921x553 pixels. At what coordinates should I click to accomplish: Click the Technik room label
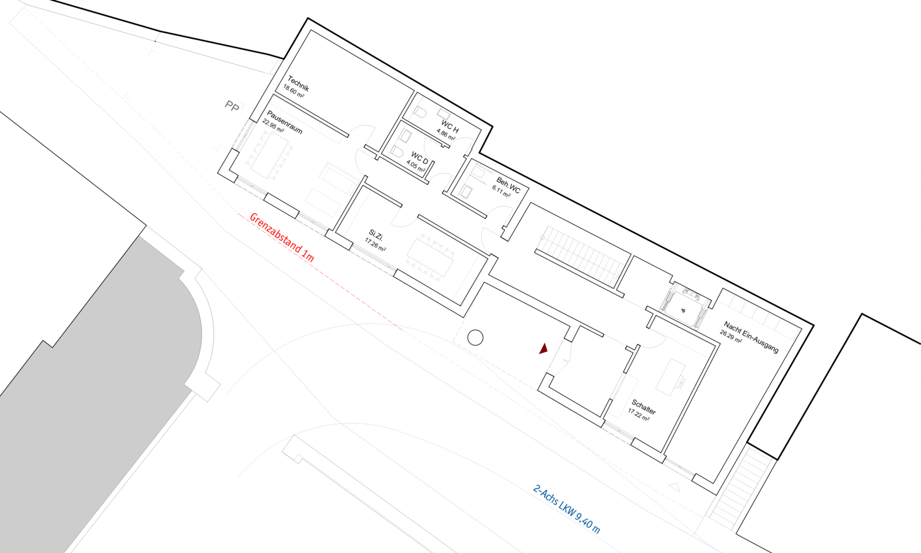(x=299, y=84)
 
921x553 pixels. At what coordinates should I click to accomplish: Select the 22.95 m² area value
(x=273, y=126)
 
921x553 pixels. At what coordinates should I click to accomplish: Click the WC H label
(x=450, y=127)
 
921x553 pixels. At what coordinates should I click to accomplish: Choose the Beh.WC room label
(x=508, y=185)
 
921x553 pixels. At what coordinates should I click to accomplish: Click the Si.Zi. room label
(x=376, y=235)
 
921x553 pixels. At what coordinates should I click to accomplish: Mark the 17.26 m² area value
(x=375, y=245)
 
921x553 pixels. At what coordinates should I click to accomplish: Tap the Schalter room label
(x=644, y=407)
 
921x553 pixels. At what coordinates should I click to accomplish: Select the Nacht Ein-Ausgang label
(x=751, y=337)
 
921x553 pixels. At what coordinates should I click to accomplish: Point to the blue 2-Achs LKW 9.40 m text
(x=567, y=509)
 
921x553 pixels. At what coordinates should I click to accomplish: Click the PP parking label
(x=232, y=106)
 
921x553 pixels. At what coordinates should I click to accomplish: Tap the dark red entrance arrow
(x=543, y=348)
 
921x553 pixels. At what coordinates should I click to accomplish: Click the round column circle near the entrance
(x=475, y=338)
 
